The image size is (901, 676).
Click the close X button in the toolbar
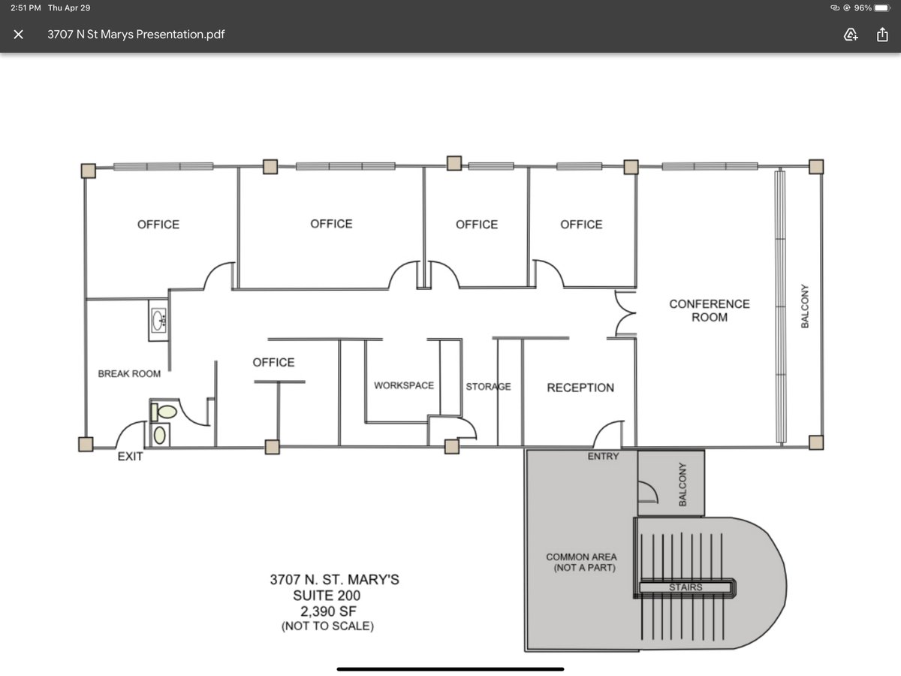tap(19, 35)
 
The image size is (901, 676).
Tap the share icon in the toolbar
tap(882, 35)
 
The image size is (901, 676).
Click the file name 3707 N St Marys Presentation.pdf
tap(136, 35)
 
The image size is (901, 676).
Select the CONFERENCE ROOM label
tap(710, 310)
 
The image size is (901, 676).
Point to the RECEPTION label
tap(580, 388)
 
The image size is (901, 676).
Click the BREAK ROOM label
tap(129, 373)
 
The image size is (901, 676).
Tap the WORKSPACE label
tap(404, 385)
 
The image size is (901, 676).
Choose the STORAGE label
tap(488, 386)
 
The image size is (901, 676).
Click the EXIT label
tap(130, 457)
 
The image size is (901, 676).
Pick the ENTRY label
tap(603, 457)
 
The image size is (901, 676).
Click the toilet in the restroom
tap(164, 412)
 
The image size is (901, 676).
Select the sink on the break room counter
tap(158, 320)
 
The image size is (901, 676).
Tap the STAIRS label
tap(686, 587)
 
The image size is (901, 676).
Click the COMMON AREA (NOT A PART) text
tap(582, 563)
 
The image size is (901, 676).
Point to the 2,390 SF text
tap(328, 611)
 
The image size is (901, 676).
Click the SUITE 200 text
tap(327, 596)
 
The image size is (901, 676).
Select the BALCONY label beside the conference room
tap(805, 306)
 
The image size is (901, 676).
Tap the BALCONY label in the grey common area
tap(683, 484)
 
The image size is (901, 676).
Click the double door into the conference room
tap(625, 313)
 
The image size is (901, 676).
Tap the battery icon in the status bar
tap(882, 8)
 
